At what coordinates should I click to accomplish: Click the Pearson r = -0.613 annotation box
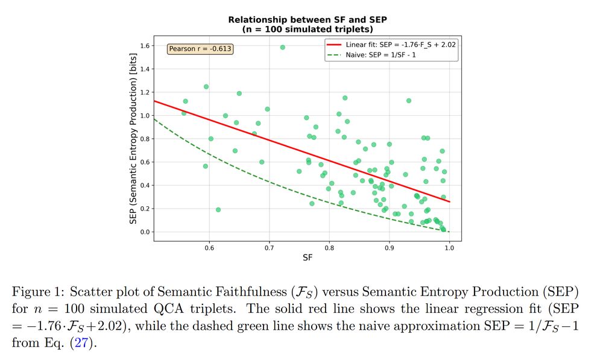click(200, 49)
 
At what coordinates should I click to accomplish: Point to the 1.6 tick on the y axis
click(145, 45)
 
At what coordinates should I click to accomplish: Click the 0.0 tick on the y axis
click(145, 232)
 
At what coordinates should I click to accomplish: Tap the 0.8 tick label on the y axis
click(145, 139)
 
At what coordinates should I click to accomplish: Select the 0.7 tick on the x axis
click(269, 248)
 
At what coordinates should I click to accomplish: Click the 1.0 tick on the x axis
click(449, 248)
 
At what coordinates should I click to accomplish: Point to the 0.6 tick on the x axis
click(209, 248)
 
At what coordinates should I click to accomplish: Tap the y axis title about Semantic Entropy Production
click(133, 139)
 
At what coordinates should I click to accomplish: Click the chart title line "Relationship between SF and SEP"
click(308, 19)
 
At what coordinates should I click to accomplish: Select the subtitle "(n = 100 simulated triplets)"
click(308, 28)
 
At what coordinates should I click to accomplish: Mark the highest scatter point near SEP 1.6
click(283, 47)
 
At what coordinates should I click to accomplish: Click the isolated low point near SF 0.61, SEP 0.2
click(218, 210)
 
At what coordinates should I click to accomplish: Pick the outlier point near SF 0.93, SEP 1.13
click(409, 101)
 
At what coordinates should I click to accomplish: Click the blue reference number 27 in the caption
click(81, 343)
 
